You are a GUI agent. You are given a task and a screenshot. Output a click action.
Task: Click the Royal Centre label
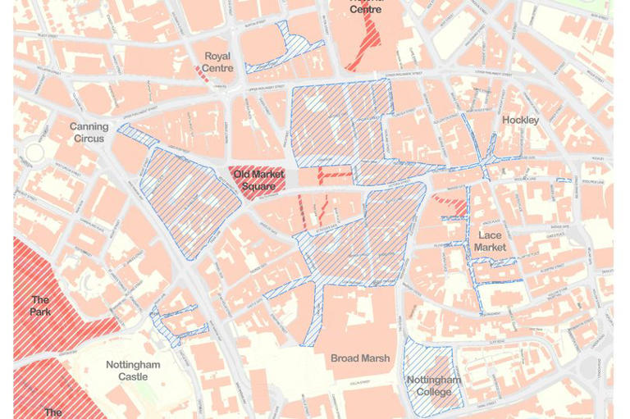(x=217, y=62)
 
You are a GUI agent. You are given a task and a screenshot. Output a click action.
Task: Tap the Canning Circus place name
(x=89, y=133)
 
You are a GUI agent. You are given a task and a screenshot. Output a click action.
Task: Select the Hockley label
(x=520, y=121)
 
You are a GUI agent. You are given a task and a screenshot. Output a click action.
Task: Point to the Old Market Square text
(x=258, y=180)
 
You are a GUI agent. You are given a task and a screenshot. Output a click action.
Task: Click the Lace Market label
(x=490, y=241)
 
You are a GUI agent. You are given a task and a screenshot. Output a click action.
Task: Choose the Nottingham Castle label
(x=133, y=371)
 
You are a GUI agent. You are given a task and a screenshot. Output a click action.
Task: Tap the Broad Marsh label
(x=360, y=358)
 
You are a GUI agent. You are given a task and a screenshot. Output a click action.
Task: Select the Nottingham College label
(x=434, y=385)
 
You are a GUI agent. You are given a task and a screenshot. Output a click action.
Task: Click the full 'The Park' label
(x=40, y=306)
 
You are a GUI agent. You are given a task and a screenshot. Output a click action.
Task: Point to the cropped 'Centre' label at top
(x=365, y=9)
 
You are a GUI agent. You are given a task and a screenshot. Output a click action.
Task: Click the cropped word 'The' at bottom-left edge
(x=52, y=412)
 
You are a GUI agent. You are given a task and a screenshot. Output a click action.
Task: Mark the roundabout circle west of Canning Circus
(x=34, y=153)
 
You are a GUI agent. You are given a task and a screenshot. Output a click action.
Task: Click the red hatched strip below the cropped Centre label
(x=363, y=45)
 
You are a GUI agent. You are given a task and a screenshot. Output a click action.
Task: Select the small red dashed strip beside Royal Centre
(x=202, y=74)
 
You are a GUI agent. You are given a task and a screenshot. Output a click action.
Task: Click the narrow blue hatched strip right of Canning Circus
(x=137, y=135)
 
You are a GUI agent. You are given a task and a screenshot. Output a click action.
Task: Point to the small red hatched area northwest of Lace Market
(x=450, y=198)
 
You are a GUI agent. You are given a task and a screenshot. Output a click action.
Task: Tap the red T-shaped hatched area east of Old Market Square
(x=332, y=174)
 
